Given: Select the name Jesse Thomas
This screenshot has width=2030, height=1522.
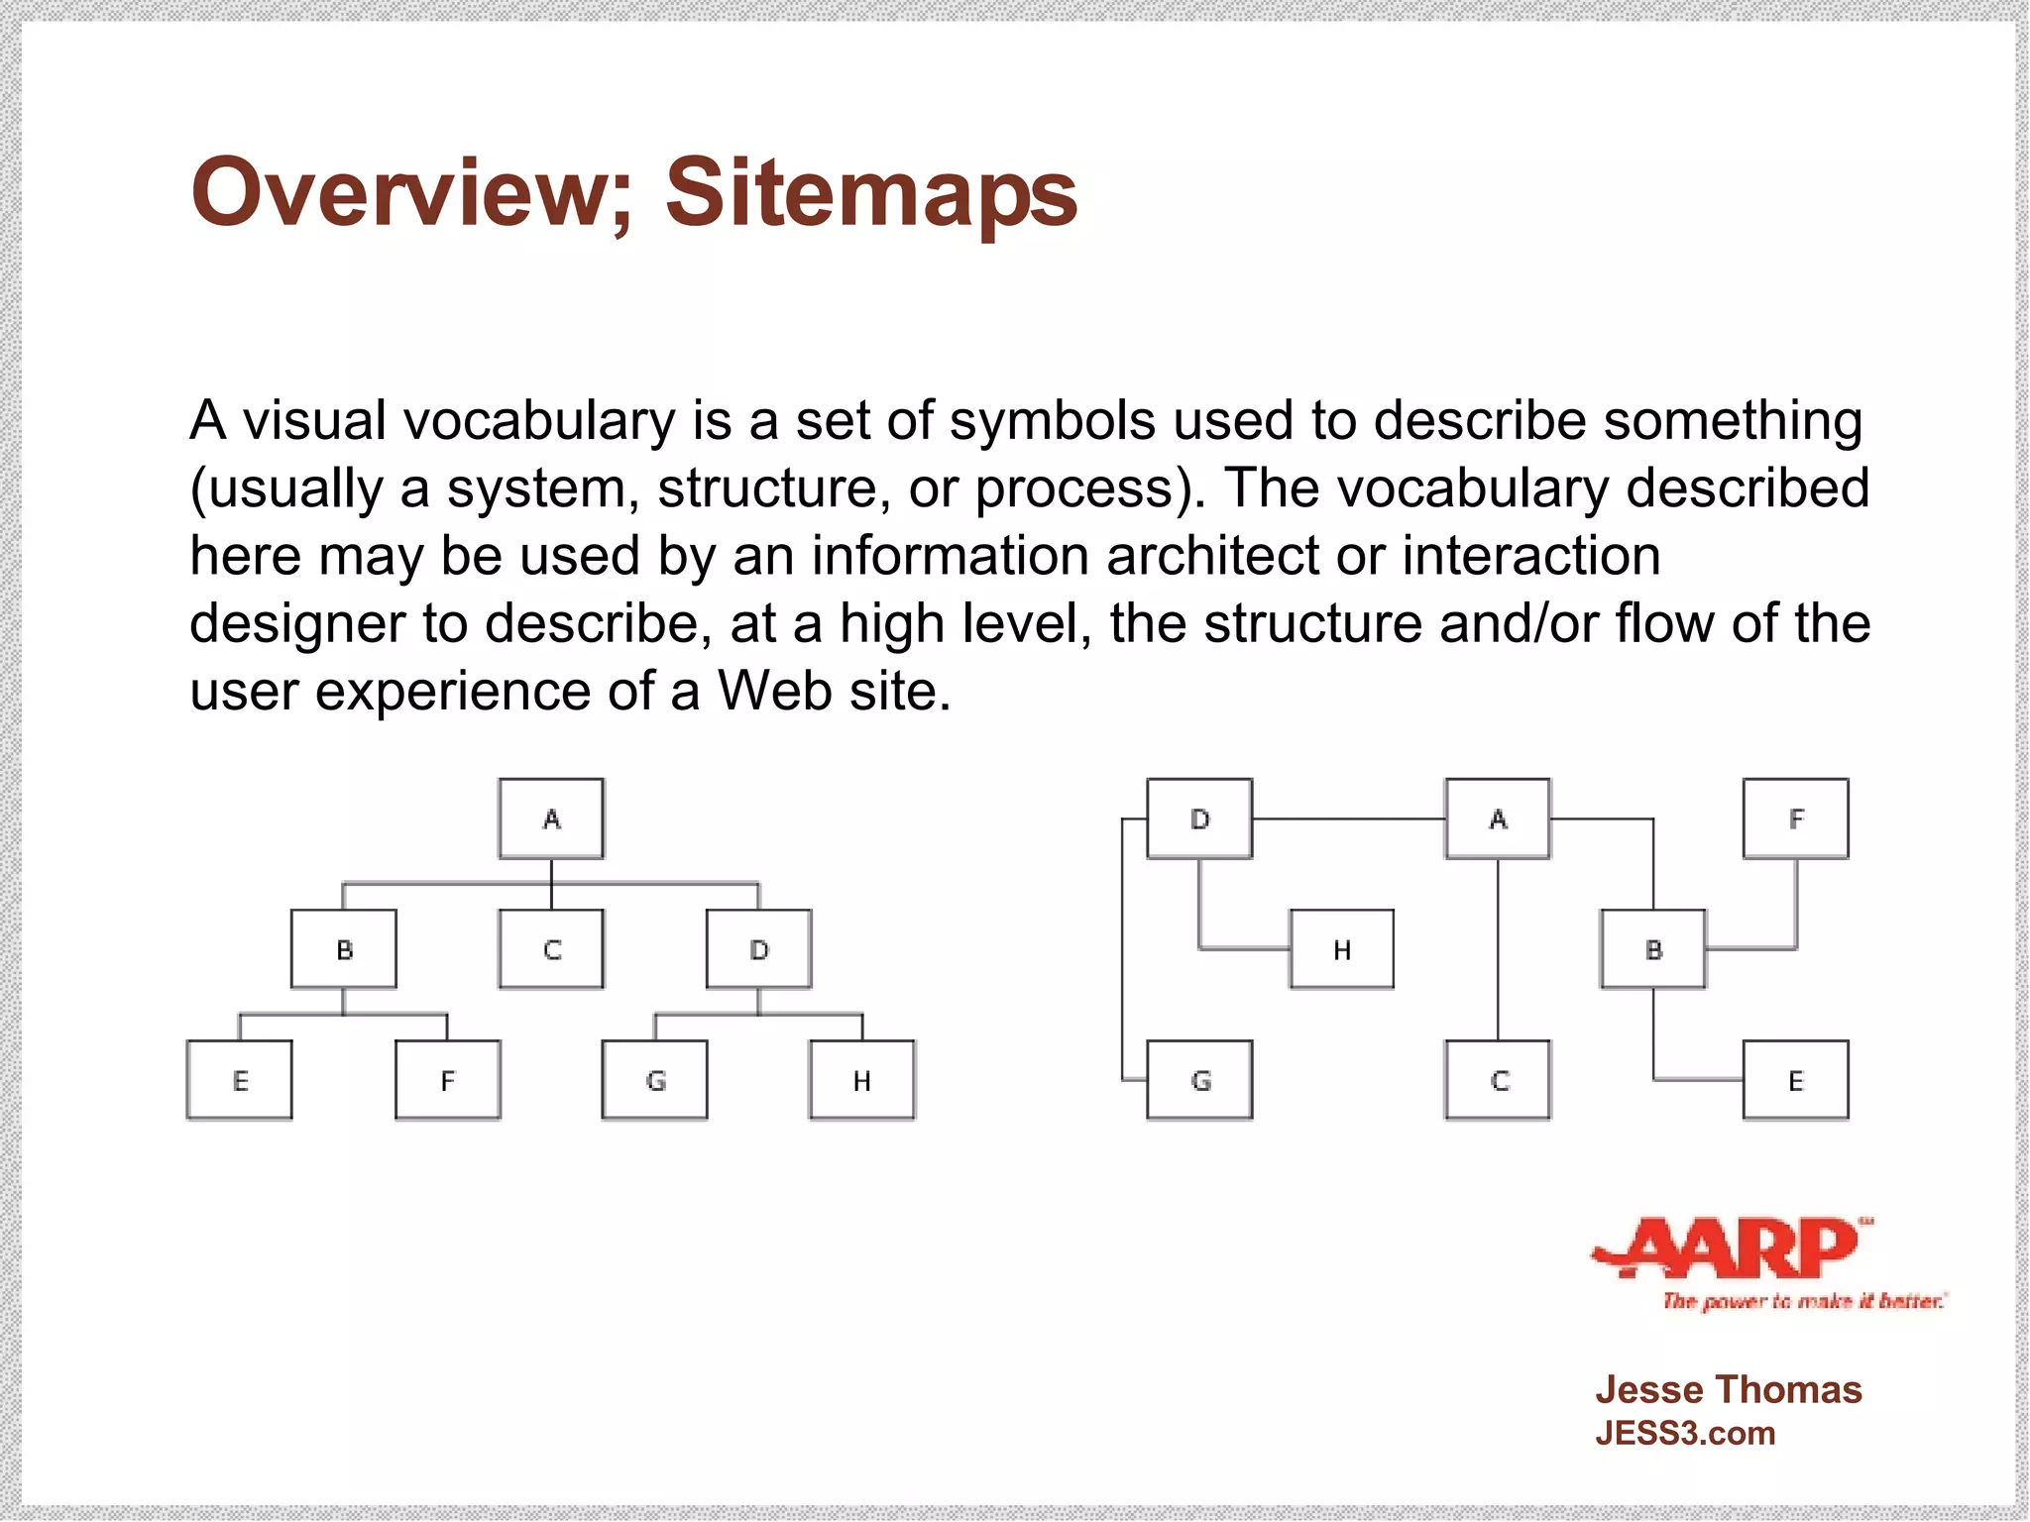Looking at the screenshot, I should [1728, 1390].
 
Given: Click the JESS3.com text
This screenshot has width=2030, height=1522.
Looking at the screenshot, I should [1685, 1434].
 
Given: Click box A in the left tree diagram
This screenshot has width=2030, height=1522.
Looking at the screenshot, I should [551, 818].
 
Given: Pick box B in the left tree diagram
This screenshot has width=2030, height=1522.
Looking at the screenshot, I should [344, 949].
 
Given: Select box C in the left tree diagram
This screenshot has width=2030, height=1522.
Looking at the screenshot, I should [551, 949].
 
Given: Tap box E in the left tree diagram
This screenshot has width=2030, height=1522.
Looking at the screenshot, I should [240, 1080].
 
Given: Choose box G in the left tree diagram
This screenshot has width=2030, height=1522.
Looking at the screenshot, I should [655, 1080].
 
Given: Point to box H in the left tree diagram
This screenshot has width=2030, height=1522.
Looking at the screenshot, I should [862, 1080].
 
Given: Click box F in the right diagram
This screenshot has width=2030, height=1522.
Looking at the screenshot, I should [1796, 818].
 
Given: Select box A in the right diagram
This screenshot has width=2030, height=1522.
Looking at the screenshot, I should [1498, 818].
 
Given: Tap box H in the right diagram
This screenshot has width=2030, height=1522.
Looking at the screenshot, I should [1342, 949].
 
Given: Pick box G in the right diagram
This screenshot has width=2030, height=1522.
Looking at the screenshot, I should [1200, 1080].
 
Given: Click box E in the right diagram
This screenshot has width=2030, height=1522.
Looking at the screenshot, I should [1796, 1080].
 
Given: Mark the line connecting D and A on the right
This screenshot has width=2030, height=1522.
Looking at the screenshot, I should [1348, 818].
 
